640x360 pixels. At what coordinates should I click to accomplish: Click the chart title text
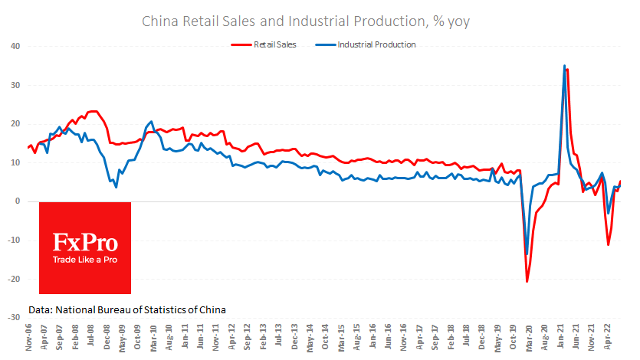(x=306, y=21)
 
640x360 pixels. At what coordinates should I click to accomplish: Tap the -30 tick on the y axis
(x=13, y=317)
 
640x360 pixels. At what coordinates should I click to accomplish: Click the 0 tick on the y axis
(x=17, y=201)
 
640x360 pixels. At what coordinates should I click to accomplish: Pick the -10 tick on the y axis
(x=13, y=240)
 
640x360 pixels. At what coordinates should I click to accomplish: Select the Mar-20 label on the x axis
(x=529, y=337)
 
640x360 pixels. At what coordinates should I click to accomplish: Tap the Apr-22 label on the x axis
(x=607, y=337)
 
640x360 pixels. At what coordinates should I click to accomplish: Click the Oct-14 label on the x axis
(x=326, y=337)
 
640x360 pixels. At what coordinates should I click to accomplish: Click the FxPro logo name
(x=84, y=244)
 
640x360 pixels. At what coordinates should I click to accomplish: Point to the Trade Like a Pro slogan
(x=85, y=260)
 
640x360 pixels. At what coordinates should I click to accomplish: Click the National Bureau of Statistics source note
(x=127, y=309)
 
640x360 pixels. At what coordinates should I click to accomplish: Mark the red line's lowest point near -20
(x=527, y=281)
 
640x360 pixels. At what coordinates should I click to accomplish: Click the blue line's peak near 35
(x=564, y=66)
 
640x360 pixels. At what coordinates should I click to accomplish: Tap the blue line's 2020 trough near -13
(x=527, y=254)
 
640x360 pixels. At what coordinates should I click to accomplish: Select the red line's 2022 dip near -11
(x=608, y=245)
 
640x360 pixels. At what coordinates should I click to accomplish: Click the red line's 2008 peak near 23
(x=93, y=112)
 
